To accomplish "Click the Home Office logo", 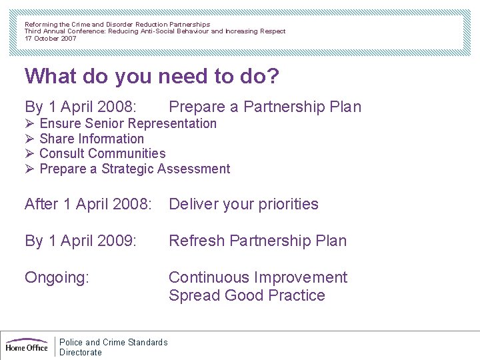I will pyautogui.click(x=27, y=345).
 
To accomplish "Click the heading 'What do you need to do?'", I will pyautogui.click(x=151, y=76).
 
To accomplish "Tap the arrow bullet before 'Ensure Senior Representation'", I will pyautogui.click(x=29, y=123).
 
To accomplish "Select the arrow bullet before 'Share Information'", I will pyautogui.click(x=29, y=139).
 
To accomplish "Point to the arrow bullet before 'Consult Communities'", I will pyautogui.click(x=29, y=153).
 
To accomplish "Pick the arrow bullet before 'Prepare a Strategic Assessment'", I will pyautogui.click(x=29, y=169).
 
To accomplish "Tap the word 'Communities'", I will pyautogui.click(x=129, y=153).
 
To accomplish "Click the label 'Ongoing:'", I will pyautogui.click(x=57, y=277).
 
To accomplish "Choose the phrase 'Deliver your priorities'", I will pyautogui.click(x=243, y=204).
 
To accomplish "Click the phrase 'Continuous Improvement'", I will pyautogui.click(x=258, y=277).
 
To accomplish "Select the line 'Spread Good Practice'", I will pyautogui.click(x=247, y=295).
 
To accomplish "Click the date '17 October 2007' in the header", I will pyautogui.click(x=51, y=39).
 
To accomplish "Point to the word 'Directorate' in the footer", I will pyautogui.click(x=81, y=352).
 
